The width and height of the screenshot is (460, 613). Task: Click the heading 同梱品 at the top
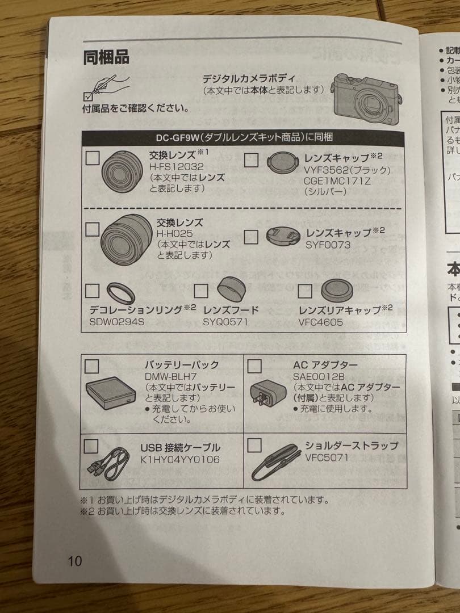click(x=106, y=57)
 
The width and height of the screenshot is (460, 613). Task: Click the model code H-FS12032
click(x=177, y=168)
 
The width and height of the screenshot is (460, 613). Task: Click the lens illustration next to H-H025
click(x=126, y=239)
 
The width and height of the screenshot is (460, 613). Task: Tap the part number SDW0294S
click(x=118, y=321)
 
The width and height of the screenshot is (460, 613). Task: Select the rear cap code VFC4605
click(x=321, y=321)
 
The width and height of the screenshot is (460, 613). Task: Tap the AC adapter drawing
click(x=269, y=394)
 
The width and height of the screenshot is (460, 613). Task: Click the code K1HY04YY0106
click(x=180, y=460)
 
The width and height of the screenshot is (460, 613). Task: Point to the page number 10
click(x=75, y=561)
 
